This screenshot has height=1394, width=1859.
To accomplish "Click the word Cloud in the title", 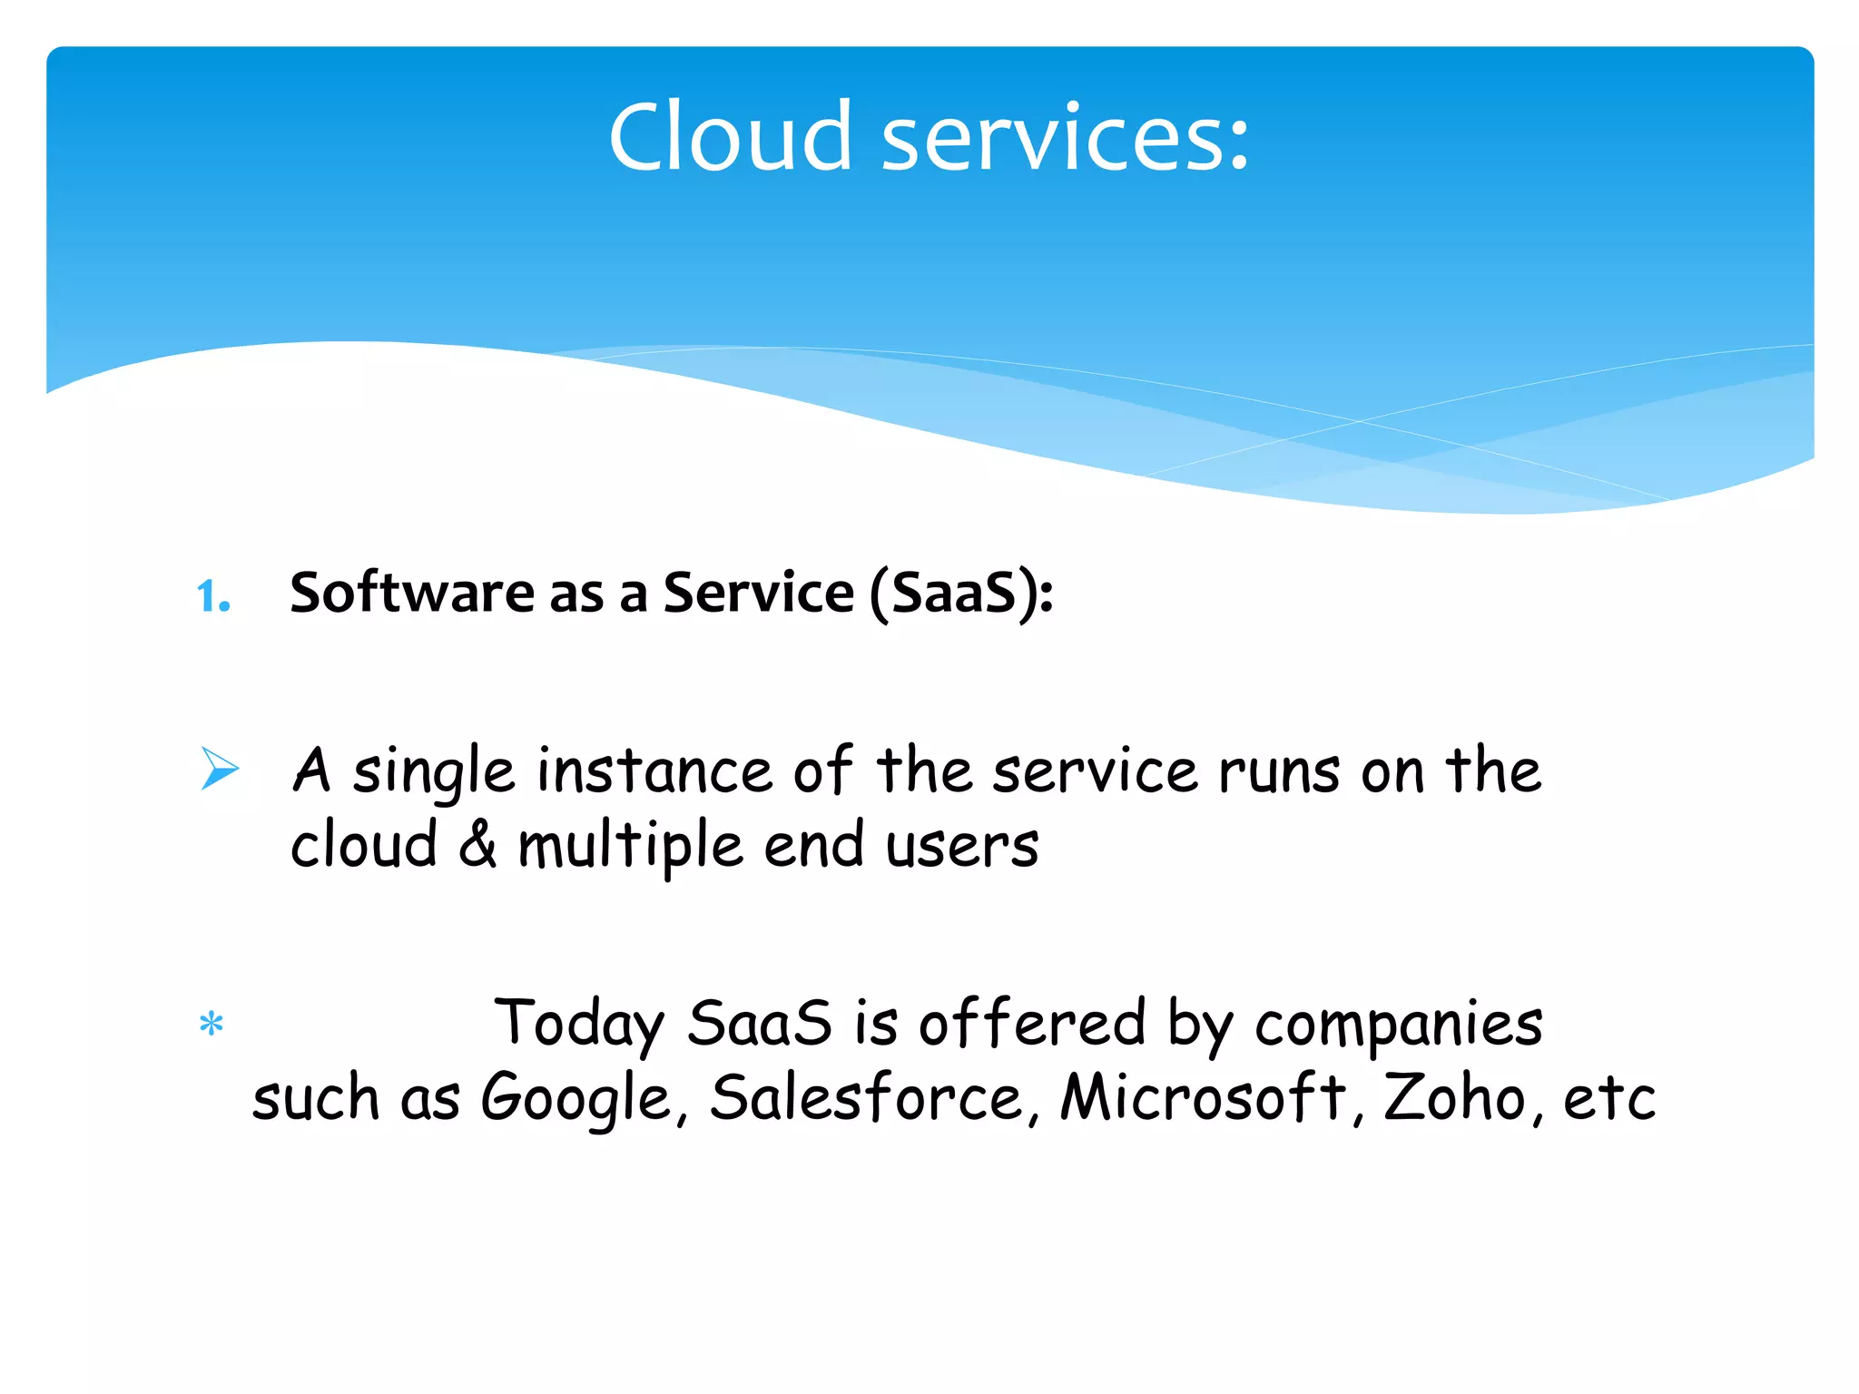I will [731, 137].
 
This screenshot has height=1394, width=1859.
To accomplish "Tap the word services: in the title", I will [1066, 137].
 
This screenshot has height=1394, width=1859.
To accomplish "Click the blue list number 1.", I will [212, 596].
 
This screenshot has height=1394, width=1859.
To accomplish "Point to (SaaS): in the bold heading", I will [961, 594].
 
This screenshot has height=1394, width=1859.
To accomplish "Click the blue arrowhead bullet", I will [220, 769].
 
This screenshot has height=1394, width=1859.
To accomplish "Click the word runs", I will [1279, 771].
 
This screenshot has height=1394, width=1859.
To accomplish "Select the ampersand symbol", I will [477, 845].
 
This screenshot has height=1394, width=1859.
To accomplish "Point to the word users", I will [962, 845].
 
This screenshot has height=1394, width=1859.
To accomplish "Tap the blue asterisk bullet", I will [211, 1025].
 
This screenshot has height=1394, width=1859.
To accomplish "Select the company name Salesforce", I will [868, 1097].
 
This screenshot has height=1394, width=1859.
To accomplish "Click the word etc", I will [1608, 1099].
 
